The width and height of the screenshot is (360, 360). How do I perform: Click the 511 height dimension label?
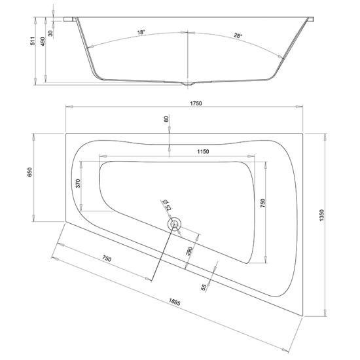coord(33,41)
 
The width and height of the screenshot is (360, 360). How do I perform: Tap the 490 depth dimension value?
coord(43,41)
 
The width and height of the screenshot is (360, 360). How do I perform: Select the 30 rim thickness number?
coord(50,33)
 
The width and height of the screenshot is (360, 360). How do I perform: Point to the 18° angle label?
coord(141,32)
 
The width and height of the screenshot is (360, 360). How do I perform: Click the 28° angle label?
coord(238,35)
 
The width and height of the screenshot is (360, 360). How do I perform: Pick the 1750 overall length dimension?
coord(196,103)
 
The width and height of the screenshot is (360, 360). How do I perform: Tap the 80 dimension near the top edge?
coord(166,119)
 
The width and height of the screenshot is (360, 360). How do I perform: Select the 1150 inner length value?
coord(203,151)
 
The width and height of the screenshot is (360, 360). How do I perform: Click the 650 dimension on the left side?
coord(30,172)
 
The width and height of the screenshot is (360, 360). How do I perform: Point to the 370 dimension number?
coord(78,184)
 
